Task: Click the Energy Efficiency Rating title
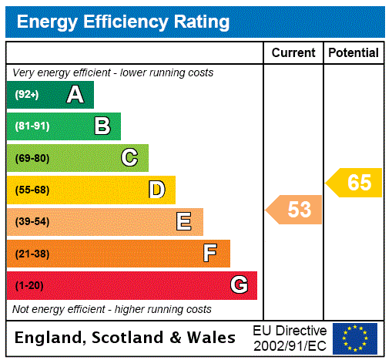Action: click(123, 22)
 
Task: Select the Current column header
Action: click(293, 52)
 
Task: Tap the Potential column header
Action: click(353, 52)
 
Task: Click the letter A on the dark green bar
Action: click(75, 95)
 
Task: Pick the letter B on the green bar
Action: click(102, 126)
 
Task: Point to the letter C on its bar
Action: click(129, 158)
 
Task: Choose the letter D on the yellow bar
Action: click(156, 190)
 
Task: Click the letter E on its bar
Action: click(184, 222)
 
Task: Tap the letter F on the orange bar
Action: click(210, 254)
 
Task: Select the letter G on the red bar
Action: click(239, 285)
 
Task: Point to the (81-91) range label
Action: click(32, 126)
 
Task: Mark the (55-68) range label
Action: click(32, 190)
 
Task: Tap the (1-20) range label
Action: click(28, 285)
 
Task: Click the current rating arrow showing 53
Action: click(295, 209)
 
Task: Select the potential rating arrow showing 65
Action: click(355, 183)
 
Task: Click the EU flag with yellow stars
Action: click(355, 338)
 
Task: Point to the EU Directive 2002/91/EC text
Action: click(290, 338)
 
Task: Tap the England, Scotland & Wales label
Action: click(126, 338)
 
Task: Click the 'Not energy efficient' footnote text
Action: click(112, 309)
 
